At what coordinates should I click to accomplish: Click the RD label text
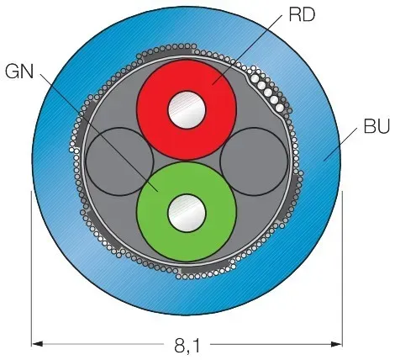click(x=302, y=15)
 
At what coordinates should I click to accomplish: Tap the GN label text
click(x=19, y=71)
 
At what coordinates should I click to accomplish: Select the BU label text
click(x=377, y=126)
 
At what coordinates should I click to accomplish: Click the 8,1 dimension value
click(x=187, y=346)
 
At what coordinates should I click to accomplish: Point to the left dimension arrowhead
click(x=38, y=344)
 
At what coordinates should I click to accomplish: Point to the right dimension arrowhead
click(x=336, y=344)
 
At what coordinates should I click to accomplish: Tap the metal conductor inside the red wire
click(x=187, y=109)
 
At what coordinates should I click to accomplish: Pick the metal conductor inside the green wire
click(x=187, y=213)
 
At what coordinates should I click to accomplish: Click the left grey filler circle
click(x=119, y=161)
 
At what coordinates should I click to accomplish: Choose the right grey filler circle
click(x=254, y=161)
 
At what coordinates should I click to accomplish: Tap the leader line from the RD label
click(x=247, y=50)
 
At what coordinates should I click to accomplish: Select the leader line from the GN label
click(x=99, y=133)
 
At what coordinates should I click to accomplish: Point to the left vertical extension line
click(x=31, y=268)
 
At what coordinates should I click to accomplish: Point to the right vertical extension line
click(x=342, y=268)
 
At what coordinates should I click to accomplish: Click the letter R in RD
click(x=295, y=15)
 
